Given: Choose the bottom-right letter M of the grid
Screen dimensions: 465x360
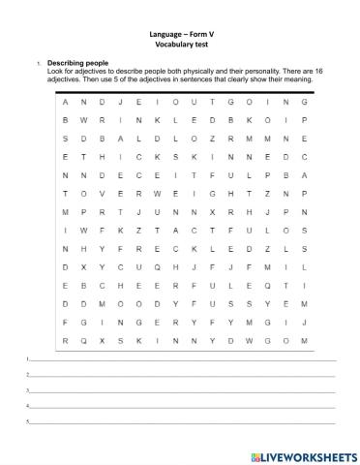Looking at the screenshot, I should click(304, 341).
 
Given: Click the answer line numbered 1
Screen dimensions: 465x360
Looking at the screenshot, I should click(184, 359).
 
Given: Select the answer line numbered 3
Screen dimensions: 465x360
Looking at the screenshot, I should click(184, 391).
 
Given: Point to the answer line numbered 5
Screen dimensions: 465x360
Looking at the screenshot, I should click(184, 423).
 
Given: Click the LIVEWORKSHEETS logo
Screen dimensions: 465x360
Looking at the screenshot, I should click(303, 453).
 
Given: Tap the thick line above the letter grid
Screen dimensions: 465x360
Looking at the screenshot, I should click(184, 90).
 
